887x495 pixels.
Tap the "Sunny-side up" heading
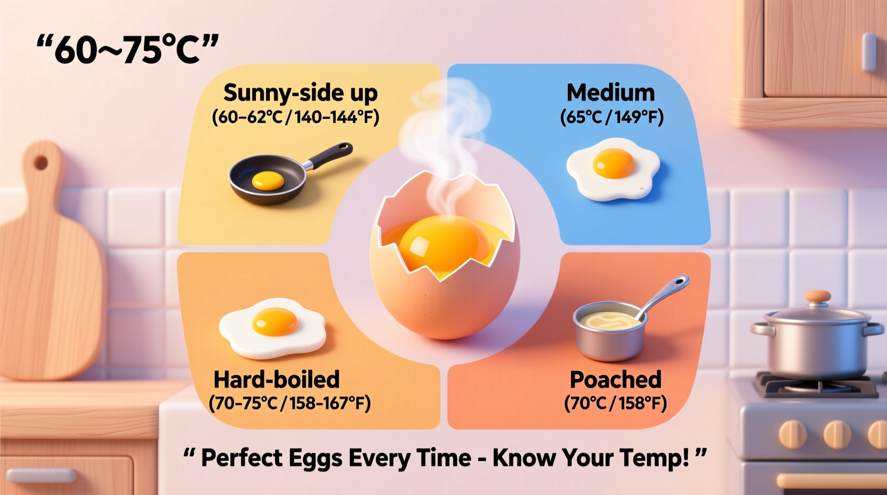[x=300, y=93]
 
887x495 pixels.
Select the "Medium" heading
[x=610, y=93]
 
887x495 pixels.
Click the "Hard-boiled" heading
[x=276, y=380]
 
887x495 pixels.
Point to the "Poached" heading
[x=615, y=380]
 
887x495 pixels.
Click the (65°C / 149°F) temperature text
[x=611, y=117]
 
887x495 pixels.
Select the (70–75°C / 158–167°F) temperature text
[x=289, y=403]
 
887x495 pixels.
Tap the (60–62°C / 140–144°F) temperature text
[x=295, y=117]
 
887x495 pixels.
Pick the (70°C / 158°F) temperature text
[x=615, y=403]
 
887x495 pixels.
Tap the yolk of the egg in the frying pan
[x=268, y=181]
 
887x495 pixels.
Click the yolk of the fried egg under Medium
[x=614, y=163]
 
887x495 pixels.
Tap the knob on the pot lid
[x=817, y=297]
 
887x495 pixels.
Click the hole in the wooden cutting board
[x=41, y=163]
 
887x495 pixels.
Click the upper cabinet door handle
[x=869, y=51]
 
